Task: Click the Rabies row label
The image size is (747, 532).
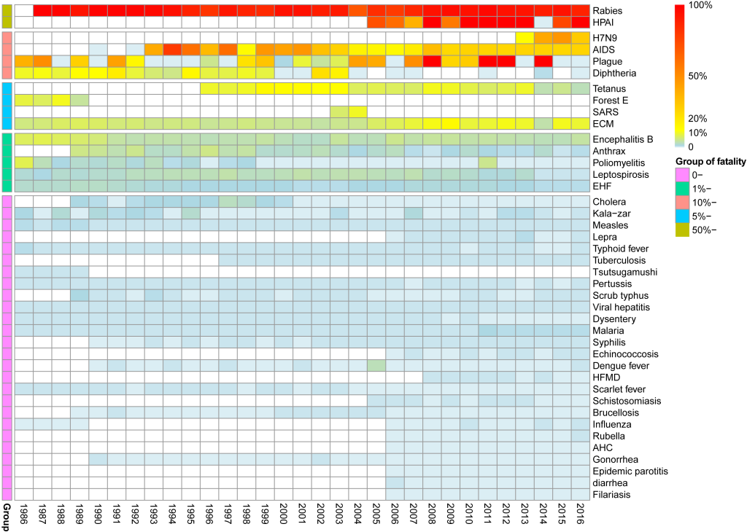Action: tap(608, 11)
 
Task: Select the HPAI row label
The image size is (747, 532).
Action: tap(605, 23)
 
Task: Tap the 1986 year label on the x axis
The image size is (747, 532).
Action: tap(23, 514)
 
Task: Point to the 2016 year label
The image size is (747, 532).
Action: tap(580, 514)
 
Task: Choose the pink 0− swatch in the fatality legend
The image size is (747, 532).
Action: tap(683, 175)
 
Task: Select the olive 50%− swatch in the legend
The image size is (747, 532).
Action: tap(683, 230)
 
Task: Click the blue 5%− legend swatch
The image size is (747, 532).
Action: tap(683, 216)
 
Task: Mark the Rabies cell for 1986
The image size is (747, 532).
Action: tap(23, 10)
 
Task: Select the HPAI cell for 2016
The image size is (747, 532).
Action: tap(580, 23)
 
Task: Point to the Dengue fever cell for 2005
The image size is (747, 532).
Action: tap(376, 365)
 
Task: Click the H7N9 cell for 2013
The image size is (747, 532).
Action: tap(525, 38)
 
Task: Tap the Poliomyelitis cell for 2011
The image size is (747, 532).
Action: tap(487, 163)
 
